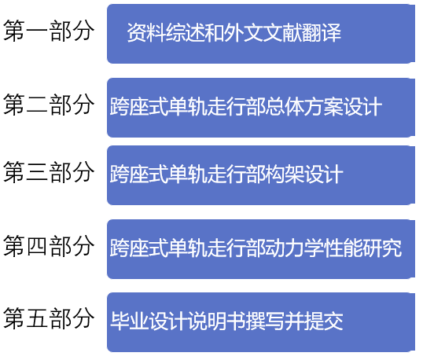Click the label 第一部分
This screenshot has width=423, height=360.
point(49,31)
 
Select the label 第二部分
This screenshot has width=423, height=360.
point(49,105)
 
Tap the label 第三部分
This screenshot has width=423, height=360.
point(49,172)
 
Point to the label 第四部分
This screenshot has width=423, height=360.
point(49,245)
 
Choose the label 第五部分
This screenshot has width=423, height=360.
point(49,318)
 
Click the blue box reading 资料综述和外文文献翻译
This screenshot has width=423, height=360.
point(261,34)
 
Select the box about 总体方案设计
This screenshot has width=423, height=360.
point(261,108)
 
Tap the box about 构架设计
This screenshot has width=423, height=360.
point(261,175)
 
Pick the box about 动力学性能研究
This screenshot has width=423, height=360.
point(261,249)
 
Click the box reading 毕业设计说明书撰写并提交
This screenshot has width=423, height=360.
point(261,322)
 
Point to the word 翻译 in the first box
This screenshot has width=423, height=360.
point(322,33)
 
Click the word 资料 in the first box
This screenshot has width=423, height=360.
point(146,33)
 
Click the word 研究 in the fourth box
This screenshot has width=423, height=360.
point(382,248)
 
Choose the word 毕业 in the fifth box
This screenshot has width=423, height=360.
point(130,321)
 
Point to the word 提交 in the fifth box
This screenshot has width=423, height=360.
point(324,321)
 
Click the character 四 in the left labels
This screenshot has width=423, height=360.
point(37,245)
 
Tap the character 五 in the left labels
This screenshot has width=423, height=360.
point(37,318)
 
